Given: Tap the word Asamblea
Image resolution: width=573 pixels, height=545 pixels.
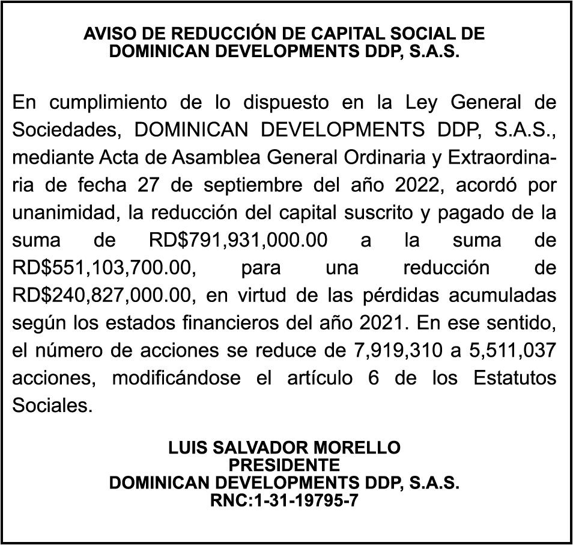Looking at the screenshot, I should coord(207,158).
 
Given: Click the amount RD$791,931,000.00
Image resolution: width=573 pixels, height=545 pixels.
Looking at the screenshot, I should coord(237,241).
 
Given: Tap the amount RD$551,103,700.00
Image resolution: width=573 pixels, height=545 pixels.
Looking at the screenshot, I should coord(103,269).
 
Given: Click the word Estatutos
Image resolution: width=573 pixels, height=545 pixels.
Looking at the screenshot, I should coord(514,380).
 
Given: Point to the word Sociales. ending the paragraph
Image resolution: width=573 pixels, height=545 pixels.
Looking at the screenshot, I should coord(53,407).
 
